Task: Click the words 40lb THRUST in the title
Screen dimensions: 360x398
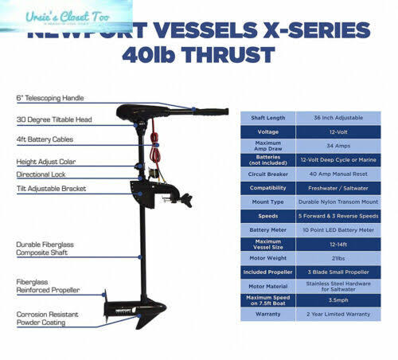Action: pyautogui.click(x=198, y=55)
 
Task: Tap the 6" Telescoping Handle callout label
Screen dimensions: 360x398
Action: pyautogui.click(x=49, y=99)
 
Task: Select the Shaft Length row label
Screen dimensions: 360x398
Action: pyautogui.click(x=267, y=117)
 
